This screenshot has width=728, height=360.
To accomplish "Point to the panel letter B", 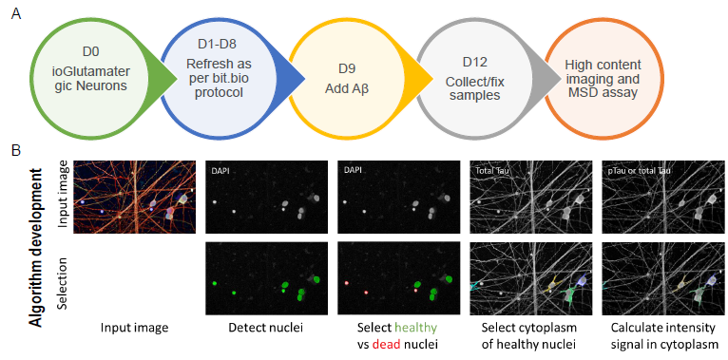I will (x=14, y=150).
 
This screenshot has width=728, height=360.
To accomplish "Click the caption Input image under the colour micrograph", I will (x=135, y=327).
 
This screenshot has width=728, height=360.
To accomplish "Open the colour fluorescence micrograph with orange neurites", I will (x=135, y=196).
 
